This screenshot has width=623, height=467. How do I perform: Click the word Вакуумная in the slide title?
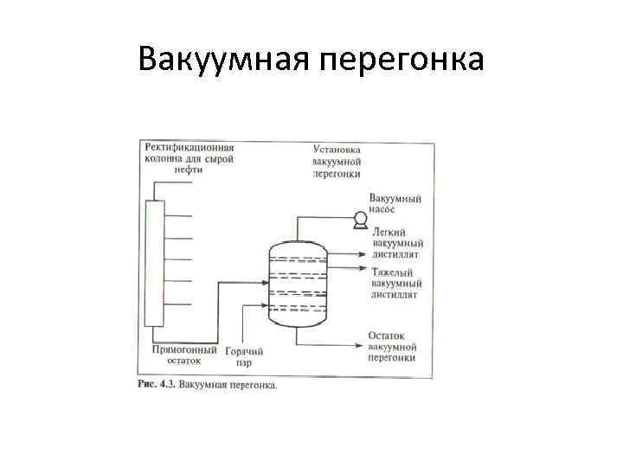pos(223,60)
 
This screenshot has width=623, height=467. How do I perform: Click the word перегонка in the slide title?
pos(401,60)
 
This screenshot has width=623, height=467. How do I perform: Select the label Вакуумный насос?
pos(395,204)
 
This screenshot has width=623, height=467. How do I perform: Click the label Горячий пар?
pos(244,356)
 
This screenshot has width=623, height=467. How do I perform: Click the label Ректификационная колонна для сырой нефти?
pos(189,159)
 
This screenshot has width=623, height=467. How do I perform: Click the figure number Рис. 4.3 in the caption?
pos(157,385)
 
